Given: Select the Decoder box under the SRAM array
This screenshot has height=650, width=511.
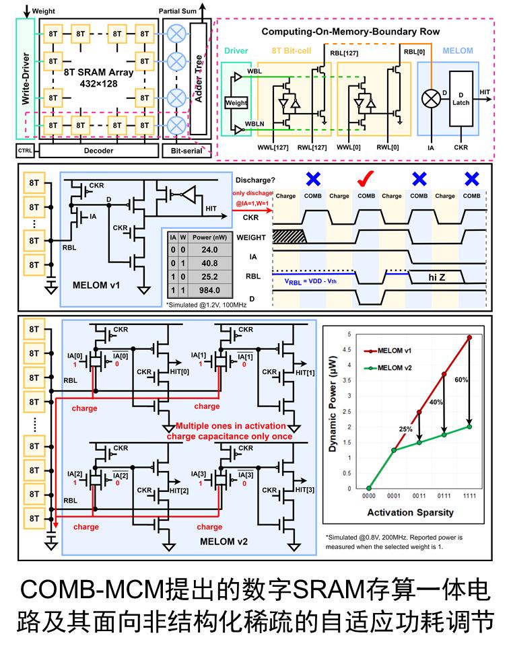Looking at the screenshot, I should [x=98, y=150].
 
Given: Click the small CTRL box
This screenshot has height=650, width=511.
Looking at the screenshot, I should [x=24, y=150].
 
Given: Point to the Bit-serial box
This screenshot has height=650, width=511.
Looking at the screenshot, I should [x=187, y=150].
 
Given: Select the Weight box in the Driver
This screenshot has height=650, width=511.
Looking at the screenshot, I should [x=236, y=103].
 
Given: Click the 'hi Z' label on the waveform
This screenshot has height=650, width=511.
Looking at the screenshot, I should [x=442, y=276].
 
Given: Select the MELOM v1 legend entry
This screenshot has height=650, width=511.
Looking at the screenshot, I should [x=397, y=351].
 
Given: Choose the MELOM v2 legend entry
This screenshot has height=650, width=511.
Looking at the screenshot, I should [x=397, y=367].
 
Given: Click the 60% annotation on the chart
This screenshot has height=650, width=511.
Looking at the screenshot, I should [x=461, y=380].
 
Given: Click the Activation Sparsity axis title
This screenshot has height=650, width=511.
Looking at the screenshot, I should [x=410, y=513].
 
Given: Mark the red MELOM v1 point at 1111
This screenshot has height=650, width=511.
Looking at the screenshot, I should [x=469, y=337].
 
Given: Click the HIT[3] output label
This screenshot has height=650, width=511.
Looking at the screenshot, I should [x=305, y=489].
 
